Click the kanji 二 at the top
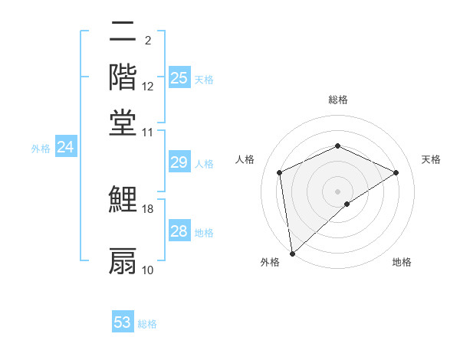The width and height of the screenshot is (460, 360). point(123,32)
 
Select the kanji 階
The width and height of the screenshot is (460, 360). point(123,77)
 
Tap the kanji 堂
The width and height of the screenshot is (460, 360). point(123,123)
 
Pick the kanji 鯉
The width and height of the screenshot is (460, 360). point(123,200)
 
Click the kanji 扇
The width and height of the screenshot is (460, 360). point(123,260)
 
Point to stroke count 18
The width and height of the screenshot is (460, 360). point(148,208)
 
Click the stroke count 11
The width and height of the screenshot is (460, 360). point(148,132)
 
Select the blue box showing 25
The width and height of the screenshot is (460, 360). point(179,77)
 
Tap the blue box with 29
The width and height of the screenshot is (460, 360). point(179,162)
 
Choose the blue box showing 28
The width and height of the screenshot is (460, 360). point(179,231)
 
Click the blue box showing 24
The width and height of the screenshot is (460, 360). point(65,147)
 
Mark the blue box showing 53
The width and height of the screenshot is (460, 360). point(123,322)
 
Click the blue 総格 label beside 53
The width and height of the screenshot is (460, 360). point(148,324)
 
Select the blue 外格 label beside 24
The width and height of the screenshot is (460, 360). point(41,149)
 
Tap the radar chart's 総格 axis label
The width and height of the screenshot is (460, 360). point(338,100)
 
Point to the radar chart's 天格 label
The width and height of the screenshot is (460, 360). point(431,159)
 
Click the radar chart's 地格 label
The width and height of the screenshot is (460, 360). point(402,262)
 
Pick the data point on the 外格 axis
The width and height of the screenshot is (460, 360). point(292,254)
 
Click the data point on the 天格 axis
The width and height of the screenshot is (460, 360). point(396,172)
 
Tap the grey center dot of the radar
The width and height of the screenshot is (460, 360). point(338,191)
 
